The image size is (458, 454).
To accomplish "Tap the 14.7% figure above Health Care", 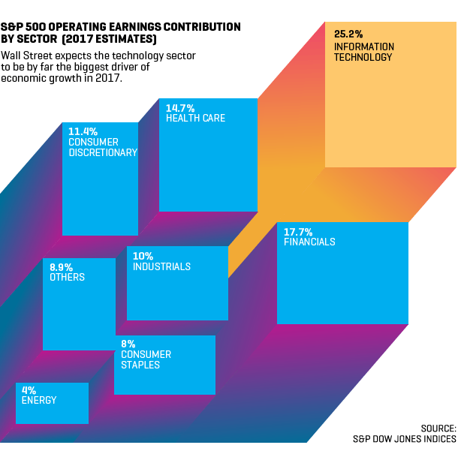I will pos(179,108).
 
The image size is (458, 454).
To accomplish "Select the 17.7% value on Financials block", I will pos(298,232).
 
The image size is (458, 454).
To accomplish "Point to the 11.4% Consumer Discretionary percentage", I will pos(83,132).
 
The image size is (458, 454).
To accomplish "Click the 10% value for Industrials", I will pos(143,257).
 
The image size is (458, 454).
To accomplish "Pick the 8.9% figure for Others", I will pos(62,267).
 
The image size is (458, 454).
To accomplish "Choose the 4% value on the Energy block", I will pos(29,390).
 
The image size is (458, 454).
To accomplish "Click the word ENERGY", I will pos(39,401).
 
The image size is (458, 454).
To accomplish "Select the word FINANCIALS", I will pos(309,242).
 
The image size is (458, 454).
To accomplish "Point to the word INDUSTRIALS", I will pos(161,267).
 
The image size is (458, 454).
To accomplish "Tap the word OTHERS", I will pos(67,278).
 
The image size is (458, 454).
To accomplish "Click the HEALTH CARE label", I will pos(195,119).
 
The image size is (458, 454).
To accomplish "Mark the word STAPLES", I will pos(140,365).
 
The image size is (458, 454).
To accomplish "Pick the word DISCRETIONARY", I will pos(103,152).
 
